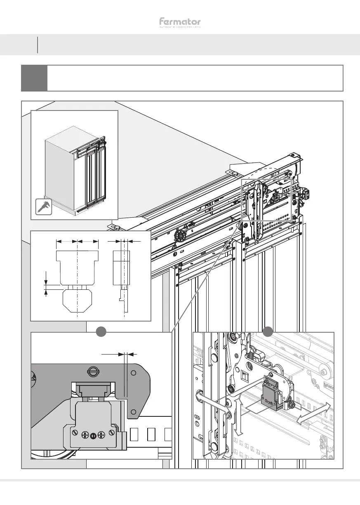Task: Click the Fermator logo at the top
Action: coord(180,23)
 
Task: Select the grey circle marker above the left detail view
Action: coord(101,331)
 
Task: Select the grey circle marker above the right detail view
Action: coord(268,331)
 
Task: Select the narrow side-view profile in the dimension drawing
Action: coord(122,280)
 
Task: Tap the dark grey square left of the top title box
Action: coord(34,78)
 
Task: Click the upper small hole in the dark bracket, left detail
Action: coord(133,373)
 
